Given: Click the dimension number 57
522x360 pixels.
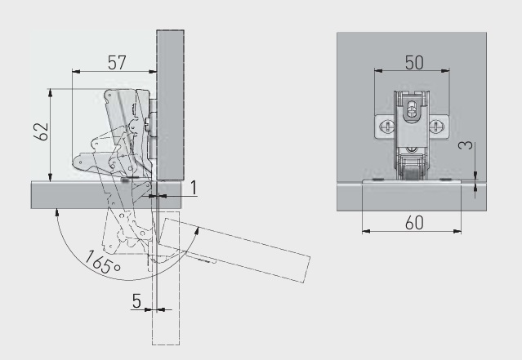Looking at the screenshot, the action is click(117, 63).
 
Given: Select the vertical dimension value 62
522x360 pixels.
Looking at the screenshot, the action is click(41, 131).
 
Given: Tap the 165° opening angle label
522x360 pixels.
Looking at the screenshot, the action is click(103, 263).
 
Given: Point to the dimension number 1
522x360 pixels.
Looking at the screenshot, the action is click(194, 188).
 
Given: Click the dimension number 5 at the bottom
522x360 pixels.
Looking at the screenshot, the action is click(136, 301).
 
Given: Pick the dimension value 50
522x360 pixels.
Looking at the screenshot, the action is click(414, 63).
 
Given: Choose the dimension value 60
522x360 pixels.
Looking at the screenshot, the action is click(414, 223).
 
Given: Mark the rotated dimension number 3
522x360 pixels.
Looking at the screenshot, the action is click(466, 145).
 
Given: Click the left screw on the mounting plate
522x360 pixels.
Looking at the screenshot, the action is click(387, 127).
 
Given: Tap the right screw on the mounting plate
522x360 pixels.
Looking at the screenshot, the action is click(435, 127).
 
